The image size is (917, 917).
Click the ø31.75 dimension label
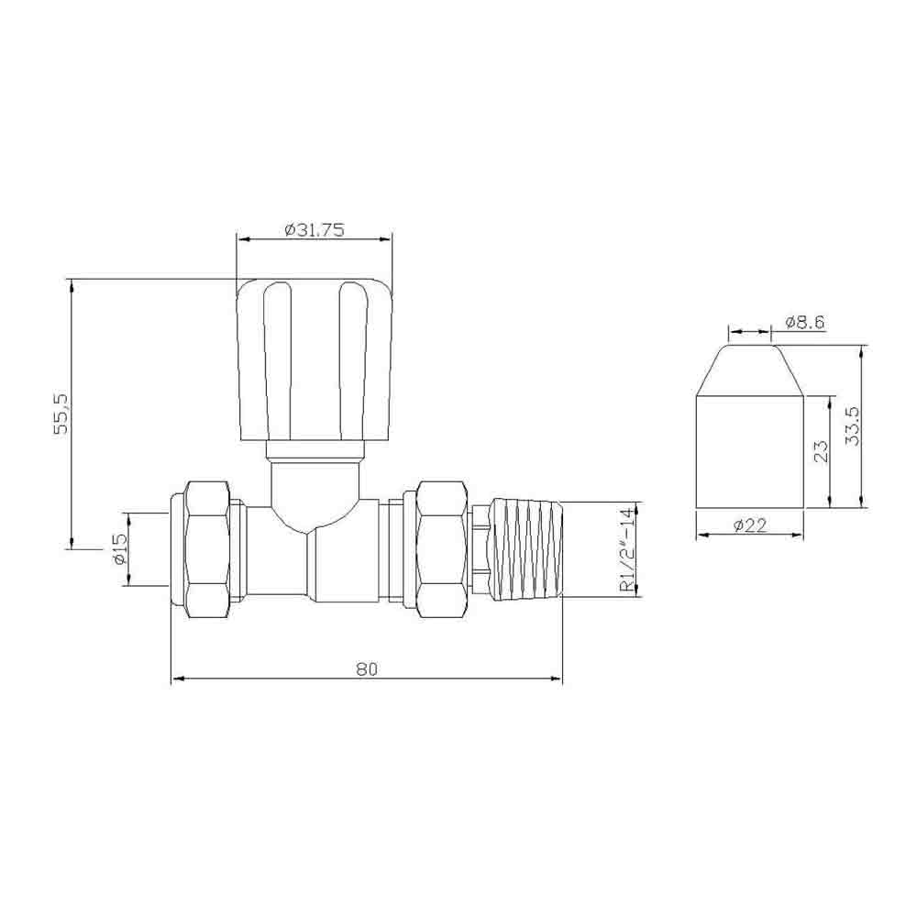tap(315, 231)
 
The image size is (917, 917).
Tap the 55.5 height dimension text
tap(61, 414)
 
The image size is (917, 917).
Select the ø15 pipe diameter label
tap(118, 548)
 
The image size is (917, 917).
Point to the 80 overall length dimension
tap(367, 668)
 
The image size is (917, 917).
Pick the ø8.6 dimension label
tap(806, 322)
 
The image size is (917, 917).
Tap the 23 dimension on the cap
tap(821, 451)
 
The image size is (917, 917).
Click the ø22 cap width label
tap(749, 525)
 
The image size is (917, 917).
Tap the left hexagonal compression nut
tap(207, 549)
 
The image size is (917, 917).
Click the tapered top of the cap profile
tap(749, 370)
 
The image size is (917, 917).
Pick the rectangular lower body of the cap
tap(749, 451)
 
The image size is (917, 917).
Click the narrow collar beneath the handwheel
tap(314, 450)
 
